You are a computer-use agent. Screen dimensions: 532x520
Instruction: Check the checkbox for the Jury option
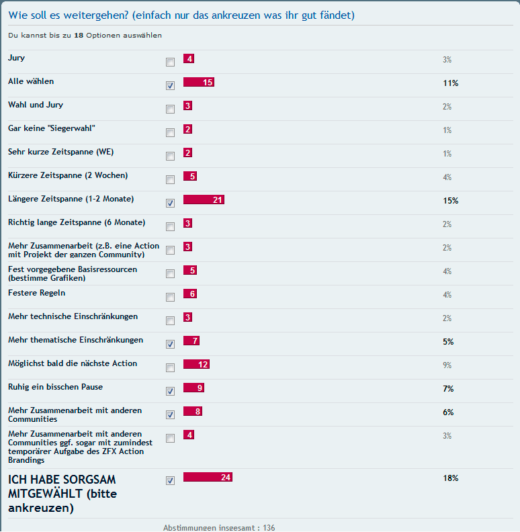click(x=170, y=62)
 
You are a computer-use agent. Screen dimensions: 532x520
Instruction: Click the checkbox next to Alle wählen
click(x=170, y=85)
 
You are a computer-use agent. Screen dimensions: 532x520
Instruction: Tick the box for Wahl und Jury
click(x=170, y=109)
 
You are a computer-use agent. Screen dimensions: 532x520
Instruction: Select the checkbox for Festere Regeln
click(x=170, y=297)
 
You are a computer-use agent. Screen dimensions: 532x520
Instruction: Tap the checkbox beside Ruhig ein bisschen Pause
click(x=170, y=391)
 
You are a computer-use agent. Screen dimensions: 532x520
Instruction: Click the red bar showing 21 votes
click(x=204, y=199)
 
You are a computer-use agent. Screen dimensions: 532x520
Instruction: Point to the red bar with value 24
click(x=208, y=478)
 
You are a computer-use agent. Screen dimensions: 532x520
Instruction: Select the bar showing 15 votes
click(x=198, y=82)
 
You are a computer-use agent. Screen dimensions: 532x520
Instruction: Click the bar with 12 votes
click(x=196, y=364)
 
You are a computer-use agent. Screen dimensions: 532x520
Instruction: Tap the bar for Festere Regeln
click(x=189, y=294)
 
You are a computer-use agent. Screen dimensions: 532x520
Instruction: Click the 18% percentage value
click(x=450, y=478)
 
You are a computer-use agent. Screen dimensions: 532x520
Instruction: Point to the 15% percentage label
click(x=450, y=201)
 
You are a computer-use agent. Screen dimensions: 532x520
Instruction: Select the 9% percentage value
click(x=447, y=365)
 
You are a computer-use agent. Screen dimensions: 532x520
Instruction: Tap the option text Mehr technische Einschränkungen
click(x=73, y=316)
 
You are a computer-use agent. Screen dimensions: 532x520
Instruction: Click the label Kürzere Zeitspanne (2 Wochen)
click(x=67, y=175)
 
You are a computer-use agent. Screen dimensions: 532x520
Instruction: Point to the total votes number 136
click(x=269, y=527)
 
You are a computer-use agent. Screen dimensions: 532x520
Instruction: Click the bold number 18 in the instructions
click(x=79, y=35)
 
